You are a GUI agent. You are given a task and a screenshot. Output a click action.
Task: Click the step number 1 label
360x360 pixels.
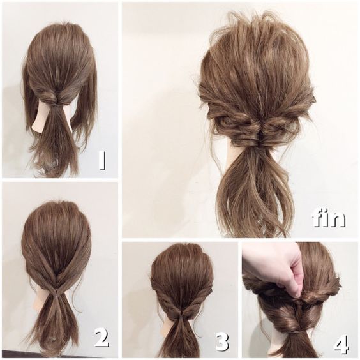[x=102, y=160]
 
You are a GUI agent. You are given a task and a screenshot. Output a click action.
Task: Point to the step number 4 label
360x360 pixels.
[x=341, y=344]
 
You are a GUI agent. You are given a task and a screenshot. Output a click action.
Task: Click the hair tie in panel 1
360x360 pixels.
[x=56, y=105]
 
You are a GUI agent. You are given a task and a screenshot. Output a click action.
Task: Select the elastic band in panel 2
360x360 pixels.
[x=56, y=293]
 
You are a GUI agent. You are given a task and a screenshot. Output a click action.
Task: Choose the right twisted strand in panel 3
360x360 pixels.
[x=197, y=299]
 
